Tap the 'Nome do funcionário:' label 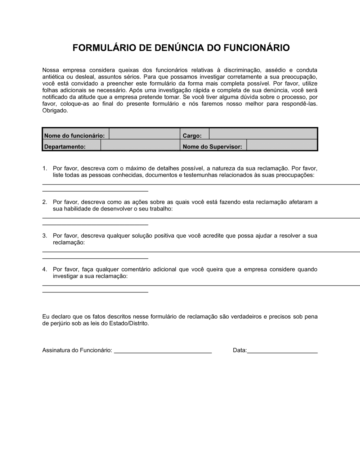click(75, 136)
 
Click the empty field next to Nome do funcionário click(144, 134)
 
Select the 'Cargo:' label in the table click(192, 136)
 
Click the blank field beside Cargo click(263, 134)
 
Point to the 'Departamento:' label click(65, 146)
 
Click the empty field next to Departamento click(140, 145)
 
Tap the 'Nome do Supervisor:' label click(212, 146)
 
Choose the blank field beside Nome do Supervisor click(282, 145)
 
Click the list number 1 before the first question click(45, 168)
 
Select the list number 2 click(45, 202)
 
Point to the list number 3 click(45, 236)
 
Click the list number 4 click(45, 269)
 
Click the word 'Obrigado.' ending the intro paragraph click(55, 111)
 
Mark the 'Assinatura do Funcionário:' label click(77, 350)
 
